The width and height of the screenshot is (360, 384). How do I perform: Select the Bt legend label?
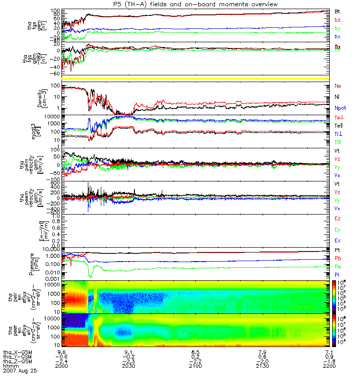(337, 11)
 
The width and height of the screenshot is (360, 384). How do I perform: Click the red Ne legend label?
(338, 86)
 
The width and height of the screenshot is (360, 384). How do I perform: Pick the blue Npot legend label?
(340, 108)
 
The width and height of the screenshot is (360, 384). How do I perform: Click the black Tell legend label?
(339, 125)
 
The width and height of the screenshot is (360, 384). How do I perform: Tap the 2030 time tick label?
(128, 366)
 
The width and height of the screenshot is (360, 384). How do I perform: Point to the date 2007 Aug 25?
(20, 371)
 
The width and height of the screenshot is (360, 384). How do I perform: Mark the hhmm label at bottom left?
(9, 366)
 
